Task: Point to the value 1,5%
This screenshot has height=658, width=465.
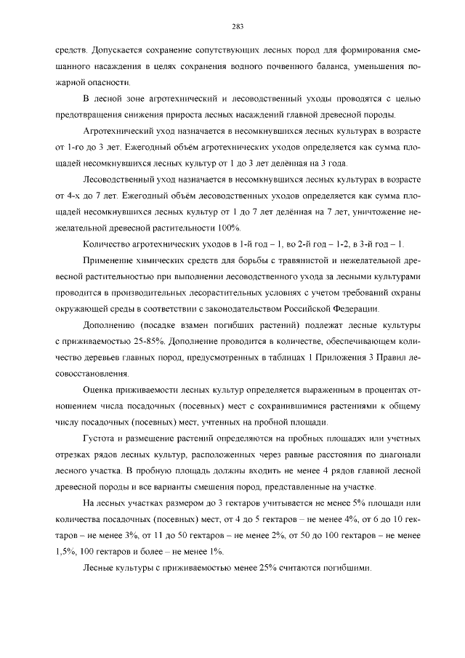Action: click(x=67, y=552)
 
